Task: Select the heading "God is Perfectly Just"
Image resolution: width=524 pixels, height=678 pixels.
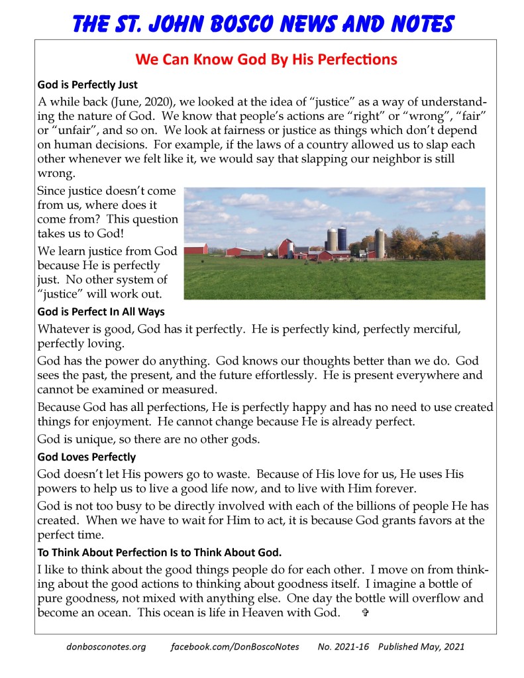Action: point(87,85)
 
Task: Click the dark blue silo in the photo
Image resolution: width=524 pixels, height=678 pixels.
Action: point(342,240)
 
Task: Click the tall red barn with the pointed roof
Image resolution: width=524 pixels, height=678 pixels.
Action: point(286,249)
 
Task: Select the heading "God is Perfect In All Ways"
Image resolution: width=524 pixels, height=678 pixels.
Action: point(101,311)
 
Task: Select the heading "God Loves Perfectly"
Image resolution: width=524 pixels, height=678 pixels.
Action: point(87,457)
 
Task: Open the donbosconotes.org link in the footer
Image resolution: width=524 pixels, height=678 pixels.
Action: point(106,646)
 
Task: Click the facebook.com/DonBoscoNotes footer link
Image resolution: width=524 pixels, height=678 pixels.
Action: point(235,646)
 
